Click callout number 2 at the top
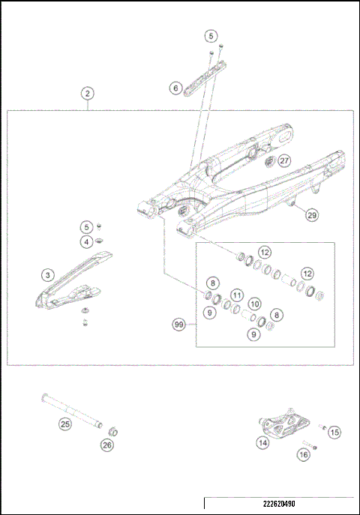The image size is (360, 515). [88, 94]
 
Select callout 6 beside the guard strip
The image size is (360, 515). [175, 88]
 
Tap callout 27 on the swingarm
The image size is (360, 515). [283, 160]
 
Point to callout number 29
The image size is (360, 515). [311, 215]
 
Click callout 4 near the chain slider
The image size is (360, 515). [88, 241]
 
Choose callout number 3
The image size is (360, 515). [46, 275]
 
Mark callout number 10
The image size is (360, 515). [255, 304]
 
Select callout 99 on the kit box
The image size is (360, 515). [178, 325]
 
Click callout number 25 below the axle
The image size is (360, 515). [64, 424]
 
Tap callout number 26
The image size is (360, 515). [107, 445]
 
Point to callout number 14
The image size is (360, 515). [262, 443]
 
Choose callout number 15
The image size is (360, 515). [334, 432]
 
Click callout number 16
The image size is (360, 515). [303, 454]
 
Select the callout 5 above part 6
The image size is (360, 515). [211, 35]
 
